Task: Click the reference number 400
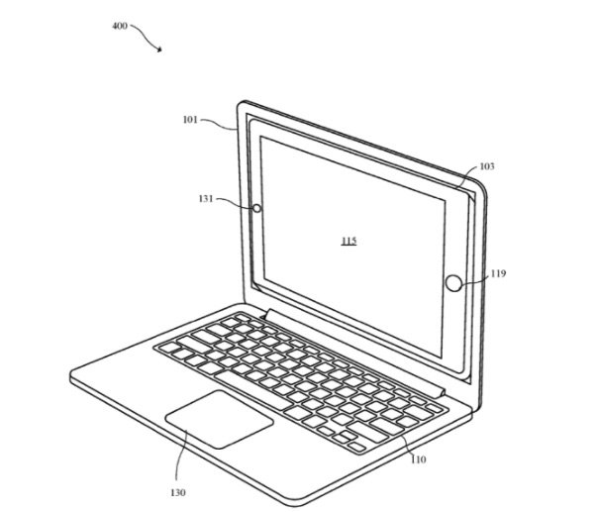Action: tap(119, 26)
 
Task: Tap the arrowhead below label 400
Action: tap(159, 49)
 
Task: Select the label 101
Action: tap(190, 120)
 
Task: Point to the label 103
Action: tap(487, 166)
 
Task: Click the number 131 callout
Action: tap(206, 199)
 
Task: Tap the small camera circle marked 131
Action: tap(257, 208)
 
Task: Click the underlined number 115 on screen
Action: tap(349, 241)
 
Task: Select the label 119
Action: tap(498, 273)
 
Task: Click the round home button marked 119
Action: tap(453, 283)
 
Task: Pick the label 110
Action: tap(418, 460)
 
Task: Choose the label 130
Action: tap(178, 493)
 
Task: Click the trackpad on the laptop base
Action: tap(219, 419)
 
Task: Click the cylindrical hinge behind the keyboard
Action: tap(355, 353)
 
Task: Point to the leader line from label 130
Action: tap(179, 455)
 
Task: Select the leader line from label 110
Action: tap(407, 445)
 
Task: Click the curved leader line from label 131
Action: tap(234, 202)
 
